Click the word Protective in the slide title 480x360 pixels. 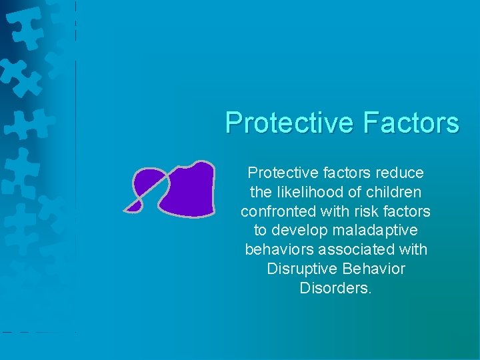pyautogui.click(x=291, y=123)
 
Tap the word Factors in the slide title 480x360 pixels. pyautogui.click(x=411, y=123)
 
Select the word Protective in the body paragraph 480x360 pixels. pyautogui.click(x=277, y=173)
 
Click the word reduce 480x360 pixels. pyautogui.click(x=399, y=173)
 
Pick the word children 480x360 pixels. pyautogui.click(x=395, y=193)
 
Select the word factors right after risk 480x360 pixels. pyautogui.click(x=406, y=212)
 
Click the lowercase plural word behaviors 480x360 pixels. pyautogui.click(x=277, y=251)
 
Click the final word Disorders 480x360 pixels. pyautogui.click(x=335, y=289)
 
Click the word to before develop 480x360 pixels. pyautogui.click(x=260, y=231)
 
